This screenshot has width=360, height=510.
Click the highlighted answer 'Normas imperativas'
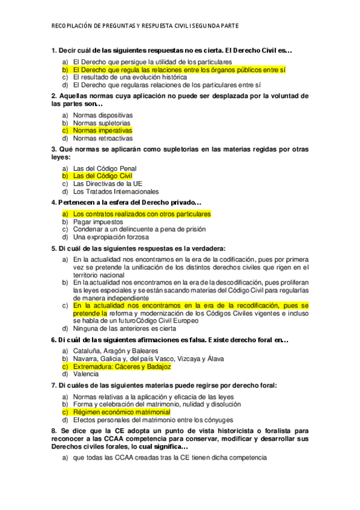tap(102, 130)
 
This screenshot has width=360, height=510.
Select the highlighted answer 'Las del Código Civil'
tap(102, 176)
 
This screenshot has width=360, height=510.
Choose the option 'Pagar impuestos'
tap(98, 221)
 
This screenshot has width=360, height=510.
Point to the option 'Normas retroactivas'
tap(103, 138)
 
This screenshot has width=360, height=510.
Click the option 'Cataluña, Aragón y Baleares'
tap(115, 350)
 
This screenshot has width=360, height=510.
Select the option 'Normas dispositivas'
tap(103, 114)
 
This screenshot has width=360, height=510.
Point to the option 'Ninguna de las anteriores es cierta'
tap(124, 328)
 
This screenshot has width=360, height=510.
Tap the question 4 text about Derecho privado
tap(126, 203)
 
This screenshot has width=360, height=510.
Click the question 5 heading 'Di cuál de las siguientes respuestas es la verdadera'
tap(138, 248)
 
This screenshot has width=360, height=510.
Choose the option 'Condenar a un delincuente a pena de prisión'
tap(139, 229)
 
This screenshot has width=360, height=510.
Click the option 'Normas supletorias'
tap(102, 122)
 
